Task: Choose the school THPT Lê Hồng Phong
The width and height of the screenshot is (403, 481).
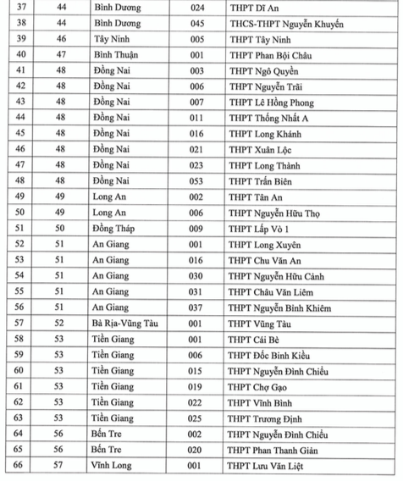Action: (x=268, y=102)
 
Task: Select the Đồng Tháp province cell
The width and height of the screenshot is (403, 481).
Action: (x=117, y=229)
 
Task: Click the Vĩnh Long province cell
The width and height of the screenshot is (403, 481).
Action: (x=114, y=465)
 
